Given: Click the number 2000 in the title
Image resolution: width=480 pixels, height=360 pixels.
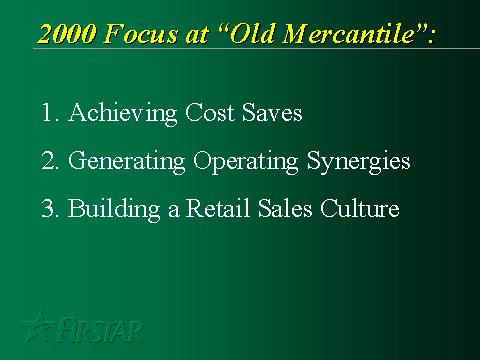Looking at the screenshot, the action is tap(67, 34).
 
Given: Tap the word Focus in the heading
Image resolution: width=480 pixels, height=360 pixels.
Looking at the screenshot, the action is tap(140, 34).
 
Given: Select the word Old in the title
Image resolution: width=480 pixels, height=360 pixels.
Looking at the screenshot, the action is tap(253, 33).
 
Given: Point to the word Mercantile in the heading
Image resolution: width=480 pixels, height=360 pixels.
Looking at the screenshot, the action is tap(349, 33).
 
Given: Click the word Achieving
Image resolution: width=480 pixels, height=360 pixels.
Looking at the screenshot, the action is tap(123, 114).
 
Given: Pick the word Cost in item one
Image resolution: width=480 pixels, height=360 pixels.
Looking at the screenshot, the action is tap(210, 112).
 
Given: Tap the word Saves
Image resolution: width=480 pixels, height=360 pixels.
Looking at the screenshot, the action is tap(272, 112).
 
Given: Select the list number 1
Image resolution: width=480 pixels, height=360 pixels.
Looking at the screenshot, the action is tap(50, 112).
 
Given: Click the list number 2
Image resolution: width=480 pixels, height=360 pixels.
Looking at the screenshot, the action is tap(50, 160).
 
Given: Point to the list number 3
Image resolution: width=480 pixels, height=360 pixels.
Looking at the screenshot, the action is tap(50, 208).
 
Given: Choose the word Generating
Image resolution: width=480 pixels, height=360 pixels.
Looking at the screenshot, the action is tap(127, 162).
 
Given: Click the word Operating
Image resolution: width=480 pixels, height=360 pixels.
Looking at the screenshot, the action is tap(246, 162).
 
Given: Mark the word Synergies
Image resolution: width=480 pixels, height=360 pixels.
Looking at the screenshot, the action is tap(359, 162).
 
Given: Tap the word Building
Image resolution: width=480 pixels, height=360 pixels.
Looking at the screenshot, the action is tap(114, 210).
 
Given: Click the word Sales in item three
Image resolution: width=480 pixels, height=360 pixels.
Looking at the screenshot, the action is tap(285, 208).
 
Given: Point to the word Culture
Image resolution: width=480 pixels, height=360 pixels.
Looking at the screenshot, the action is tap(360, 208).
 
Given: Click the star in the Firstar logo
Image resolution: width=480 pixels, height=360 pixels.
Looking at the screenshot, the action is tap(38, 327).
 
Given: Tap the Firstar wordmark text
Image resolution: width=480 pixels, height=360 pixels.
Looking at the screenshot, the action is tap(100, 330).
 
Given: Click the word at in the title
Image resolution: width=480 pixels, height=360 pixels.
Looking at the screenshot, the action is tap(197, 35).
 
